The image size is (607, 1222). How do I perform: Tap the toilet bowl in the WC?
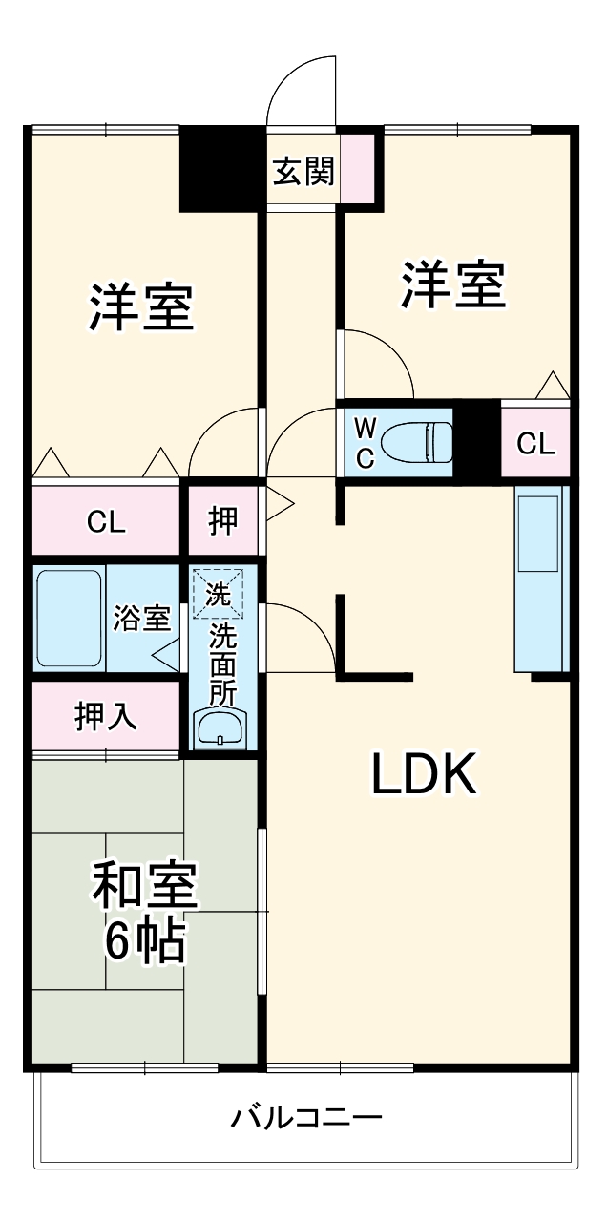[x=416, y=442]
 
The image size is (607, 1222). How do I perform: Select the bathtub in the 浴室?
[x=69, y=619]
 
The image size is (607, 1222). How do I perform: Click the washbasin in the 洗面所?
[x=221, y=729]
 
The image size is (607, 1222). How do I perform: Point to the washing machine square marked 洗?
[x=219, y=594]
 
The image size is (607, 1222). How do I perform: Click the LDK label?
[x=423, y=774]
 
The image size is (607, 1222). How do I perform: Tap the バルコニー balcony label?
[x=306, y=1117]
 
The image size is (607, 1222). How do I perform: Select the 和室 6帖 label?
[x=144, y=912]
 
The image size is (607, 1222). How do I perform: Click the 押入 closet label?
[x=105, y=716]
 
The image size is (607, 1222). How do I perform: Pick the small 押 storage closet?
[x=224, y=520]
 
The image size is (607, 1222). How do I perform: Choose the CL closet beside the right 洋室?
[x=535, y=443]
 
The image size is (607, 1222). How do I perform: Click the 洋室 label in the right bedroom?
[x=452, y=284]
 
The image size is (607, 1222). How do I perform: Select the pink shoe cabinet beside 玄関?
[x=358, y=168]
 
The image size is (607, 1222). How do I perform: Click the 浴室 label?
[x=142, y=619]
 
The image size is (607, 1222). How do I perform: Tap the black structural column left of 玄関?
[x=221, y=169]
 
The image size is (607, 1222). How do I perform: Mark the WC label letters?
[x=366, y=442]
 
